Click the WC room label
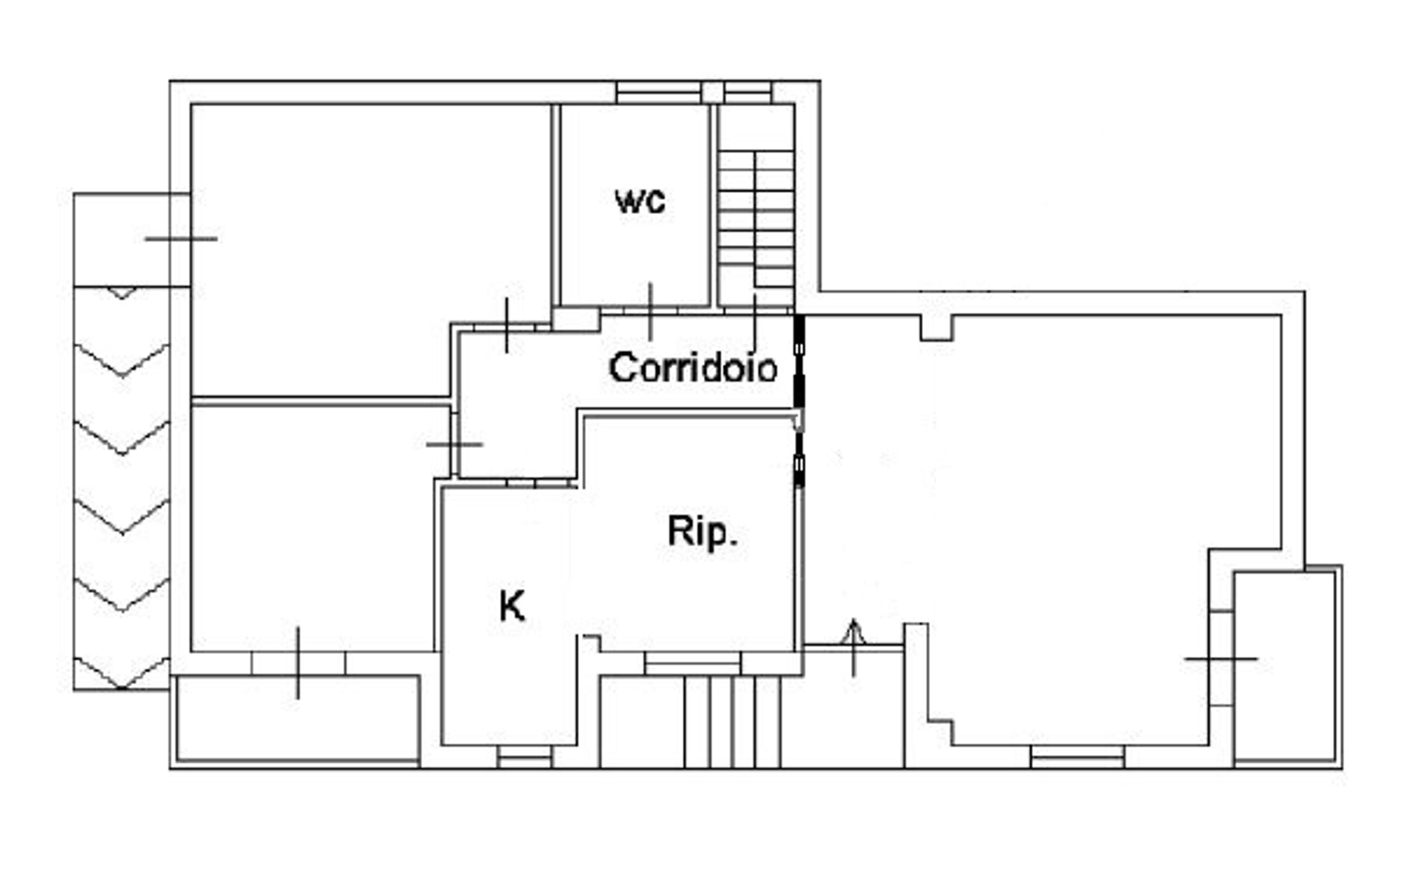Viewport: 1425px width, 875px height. click(x=640, y=201)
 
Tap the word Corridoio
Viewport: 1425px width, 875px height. click(x=692, y=367)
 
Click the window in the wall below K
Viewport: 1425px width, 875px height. click(x=525, y=757)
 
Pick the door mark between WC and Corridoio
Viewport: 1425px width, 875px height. click(x=650, y=311)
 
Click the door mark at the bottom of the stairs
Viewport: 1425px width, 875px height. click(x=754, y=323)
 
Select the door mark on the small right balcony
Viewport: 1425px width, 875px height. click(x=1221, y=659)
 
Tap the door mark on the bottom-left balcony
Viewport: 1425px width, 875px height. click(x=298, y=663)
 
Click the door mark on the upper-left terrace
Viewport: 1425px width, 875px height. click(x=181, y=239)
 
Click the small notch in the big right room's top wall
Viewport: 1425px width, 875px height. click(x=937, y=328)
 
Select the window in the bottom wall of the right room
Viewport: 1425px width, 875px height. click(x=1077, y=757)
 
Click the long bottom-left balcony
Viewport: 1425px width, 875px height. click(x=298, y=721)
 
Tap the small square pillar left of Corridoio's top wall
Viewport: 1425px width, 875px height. click(x=576, y=319)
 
